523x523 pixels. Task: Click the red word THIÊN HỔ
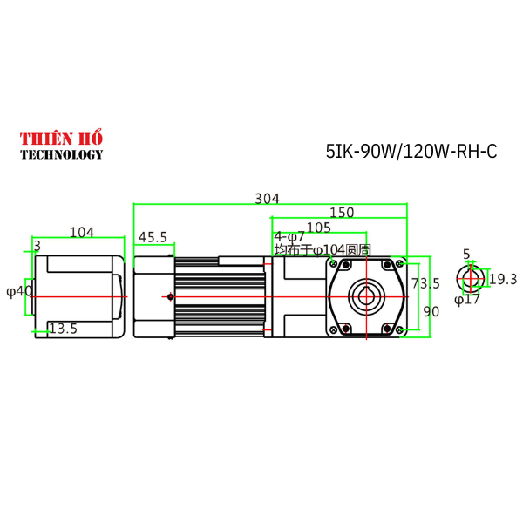coord(61,139)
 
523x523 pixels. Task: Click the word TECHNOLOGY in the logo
coord(61,154)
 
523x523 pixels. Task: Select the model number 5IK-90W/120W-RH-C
coord(411,151)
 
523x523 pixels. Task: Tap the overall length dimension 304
coord(267,199)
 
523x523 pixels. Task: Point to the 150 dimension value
coord(341,213)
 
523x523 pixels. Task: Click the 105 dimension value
coord(319,227)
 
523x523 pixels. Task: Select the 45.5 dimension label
coord(153,237)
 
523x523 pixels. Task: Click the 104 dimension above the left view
coord(81,233)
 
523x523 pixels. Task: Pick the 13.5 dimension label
coord(64,329)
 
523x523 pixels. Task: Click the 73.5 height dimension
coord(425,283)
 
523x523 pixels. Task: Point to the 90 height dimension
coord(431,311)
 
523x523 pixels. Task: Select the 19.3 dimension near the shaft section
coord(503,279)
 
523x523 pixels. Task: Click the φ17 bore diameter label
coord(467,300)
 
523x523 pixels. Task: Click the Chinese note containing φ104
coord(323,249)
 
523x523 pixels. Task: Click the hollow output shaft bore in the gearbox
coord(366,297)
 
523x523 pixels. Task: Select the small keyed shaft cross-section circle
coord(472,279)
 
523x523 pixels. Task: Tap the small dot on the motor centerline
coord(170,297)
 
